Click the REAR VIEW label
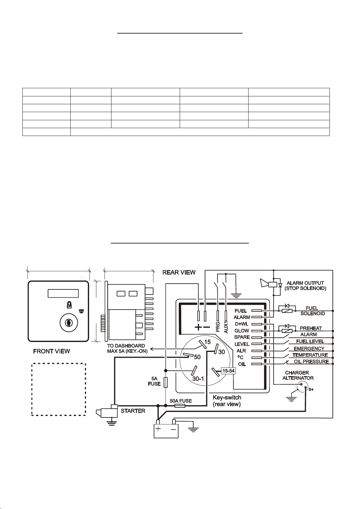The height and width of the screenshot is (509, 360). [x=179, y=272]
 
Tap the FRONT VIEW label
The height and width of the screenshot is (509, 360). [x=51, y=351]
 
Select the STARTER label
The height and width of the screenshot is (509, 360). [x=133, y=411]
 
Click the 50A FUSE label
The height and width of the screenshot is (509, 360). [x=181, y=401]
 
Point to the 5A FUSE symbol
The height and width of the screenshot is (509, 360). [x=166, y=382]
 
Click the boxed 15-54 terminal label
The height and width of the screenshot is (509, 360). [x=228, y=371]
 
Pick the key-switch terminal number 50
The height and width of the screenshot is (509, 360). [x=197, y=357]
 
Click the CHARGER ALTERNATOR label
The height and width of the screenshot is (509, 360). [x=298, y=375]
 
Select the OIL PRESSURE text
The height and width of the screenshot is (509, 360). [x=311, y=361]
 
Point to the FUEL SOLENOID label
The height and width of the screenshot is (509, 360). [x=312, y=311]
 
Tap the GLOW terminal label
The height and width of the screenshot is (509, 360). [x=242, y=330]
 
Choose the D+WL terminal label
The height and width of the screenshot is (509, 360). [x=242, y=324]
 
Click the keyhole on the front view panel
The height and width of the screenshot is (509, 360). [x=69, y=323]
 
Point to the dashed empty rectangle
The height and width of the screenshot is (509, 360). [x=59, y=389]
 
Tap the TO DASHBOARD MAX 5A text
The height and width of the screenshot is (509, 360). [x=127, y=348]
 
